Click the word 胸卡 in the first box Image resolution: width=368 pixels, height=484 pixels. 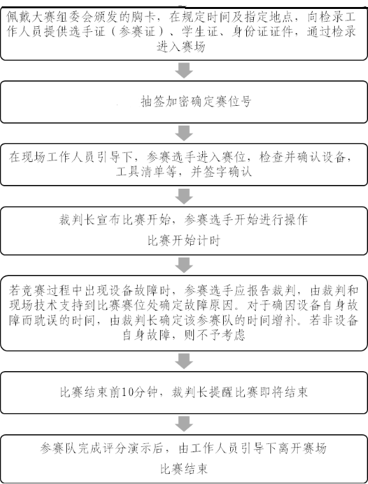click(142, 17)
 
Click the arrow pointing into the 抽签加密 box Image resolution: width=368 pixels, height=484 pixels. click(184, 70)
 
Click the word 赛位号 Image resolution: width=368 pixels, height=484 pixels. click(233, 101)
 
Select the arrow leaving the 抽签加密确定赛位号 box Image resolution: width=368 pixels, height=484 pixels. click(184, 133)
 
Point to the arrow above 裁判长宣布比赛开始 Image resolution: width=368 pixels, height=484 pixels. click(184, 196)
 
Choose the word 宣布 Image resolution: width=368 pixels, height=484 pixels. click(109, 220)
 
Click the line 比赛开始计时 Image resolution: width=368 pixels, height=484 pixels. click(184, 241)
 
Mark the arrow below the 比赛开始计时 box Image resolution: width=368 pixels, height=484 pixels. click(184, 265)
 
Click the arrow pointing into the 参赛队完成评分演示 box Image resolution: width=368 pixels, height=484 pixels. click(184, 424)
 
